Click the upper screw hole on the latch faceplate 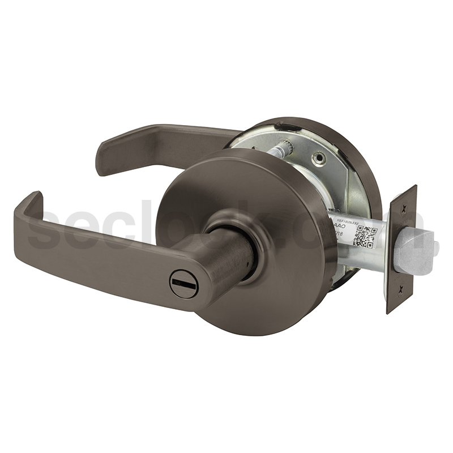(x=404, y=208)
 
